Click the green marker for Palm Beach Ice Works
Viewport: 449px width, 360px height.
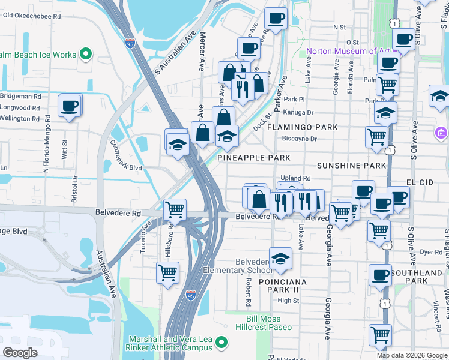pos(85,55)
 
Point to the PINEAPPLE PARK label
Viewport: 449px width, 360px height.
pos(253,158)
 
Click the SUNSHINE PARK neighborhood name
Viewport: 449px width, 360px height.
pos(351,165)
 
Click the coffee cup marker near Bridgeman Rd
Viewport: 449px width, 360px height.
pos(69,106)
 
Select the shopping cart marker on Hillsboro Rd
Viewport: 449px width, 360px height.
pos(167,272)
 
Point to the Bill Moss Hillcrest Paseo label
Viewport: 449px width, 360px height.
pos(269,323)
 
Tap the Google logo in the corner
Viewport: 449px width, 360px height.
pos(20,353)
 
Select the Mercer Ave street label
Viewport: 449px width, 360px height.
pos(202,51)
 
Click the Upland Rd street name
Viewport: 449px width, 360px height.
pos(296,178)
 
